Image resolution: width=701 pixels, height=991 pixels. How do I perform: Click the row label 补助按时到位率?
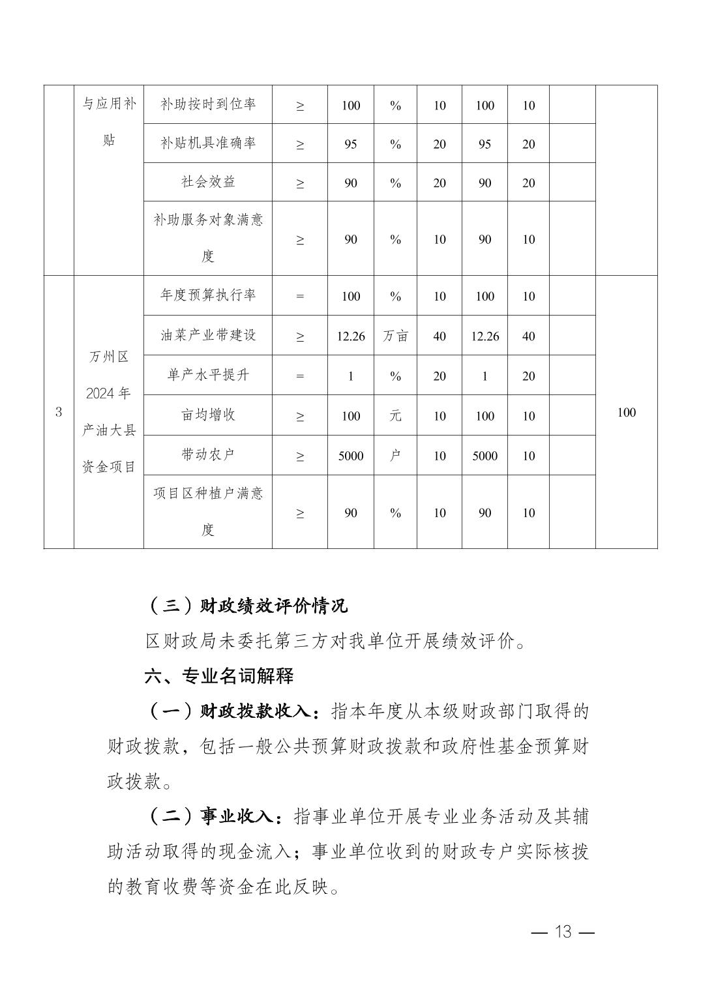(x=208, y=104)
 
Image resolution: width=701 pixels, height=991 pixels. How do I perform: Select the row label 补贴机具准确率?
(x=208, y=143)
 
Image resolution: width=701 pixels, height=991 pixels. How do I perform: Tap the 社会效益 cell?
(x=208, y=182)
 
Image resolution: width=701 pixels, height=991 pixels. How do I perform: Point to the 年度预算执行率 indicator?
(x=208, y=295)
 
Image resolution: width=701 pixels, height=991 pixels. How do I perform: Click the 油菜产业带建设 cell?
(x=208, y=335)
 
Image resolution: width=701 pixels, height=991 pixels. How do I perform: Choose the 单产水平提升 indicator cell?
(x=208, y=376)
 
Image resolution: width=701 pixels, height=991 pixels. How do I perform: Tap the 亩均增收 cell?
(x=208, y=415)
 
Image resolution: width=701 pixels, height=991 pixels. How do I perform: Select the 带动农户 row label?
(x=208, y=455)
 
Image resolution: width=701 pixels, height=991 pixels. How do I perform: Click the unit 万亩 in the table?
(x=395, y=336)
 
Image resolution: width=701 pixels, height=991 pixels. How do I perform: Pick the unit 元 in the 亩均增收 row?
(x=395, y=415)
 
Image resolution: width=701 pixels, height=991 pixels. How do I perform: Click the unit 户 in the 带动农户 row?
(x=395, y=456)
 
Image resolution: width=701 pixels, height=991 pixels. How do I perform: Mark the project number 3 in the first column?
(x=59, y=412)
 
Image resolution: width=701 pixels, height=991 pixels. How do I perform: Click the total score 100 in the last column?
(x=626, y=412)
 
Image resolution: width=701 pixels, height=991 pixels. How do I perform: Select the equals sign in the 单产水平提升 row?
(x=300, y=376)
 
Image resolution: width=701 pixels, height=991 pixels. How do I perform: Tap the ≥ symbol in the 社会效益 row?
(x=300, y=183)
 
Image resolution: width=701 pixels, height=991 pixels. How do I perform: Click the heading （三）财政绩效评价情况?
(x=248, y=606)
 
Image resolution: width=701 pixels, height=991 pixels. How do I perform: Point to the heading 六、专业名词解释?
(x=219, y=676)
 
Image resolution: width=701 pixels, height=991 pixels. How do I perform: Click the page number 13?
(x=563, y=932)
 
